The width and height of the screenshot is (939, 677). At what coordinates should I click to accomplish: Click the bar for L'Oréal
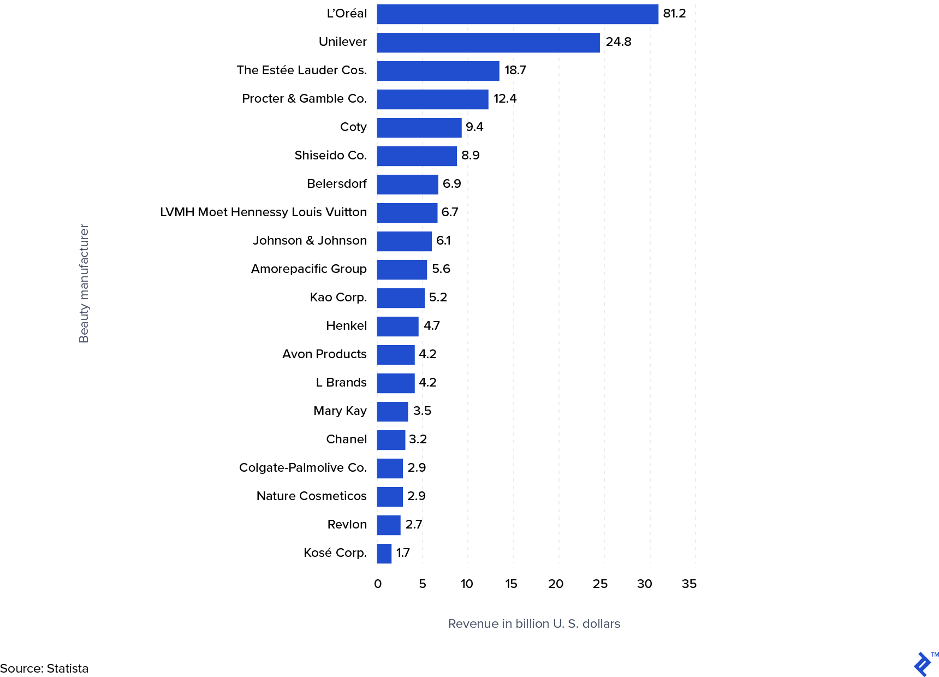coord(517,14)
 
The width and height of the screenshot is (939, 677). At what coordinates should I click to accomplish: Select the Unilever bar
coord(488,43)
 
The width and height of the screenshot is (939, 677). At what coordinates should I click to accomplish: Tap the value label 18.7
coord(515,70)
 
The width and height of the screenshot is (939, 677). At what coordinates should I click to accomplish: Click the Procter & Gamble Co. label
coord(304,99)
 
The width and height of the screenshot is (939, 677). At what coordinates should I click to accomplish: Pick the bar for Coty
coord(419,128)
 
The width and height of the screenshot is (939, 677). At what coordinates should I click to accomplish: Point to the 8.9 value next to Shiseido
coord(470,156)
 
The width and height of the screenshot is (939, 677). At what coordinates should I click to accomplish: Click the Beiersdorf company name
coord(336,184)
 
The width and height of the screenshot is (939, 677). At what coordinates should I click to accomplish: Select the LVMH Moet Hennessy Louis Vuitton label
coord(263,212)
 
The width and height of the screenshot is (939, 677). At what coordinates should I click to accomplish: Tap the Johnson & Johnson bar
coord(404,241)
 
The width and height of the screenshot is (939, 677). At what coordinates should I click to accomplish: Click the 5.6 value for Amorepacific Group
coord(441,269)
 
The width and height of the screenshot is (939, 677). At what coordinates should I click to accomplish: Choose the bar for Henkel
coord(397,326)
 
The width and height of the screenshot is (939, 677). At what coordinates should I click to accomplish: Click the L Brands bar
coord(395,383)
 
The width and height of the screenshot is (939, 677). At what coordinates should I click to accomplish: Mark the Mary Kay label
coord(340,411)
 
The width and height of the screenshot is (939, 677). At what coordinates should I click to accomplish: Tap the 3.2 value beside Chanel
coord(418,440)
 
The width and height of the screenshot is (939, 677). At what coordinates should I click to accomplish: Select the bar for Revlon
coord(388,525)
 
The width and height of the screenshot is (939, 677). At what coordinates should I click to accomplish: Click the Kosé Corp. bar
coord(384,554)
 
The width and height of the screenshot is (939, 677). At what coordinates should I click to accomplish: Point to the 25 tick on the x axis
coord(600,584)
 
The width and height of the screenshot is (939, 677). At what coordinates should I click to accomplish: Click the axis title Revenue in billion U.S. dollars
coord(534,624)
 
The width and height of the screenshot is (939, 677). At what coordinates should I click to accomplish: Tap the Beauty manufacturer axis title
coord(84,283)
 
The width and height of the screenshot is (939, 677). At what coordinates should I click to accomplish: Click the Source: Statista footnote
coord(44,669)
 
